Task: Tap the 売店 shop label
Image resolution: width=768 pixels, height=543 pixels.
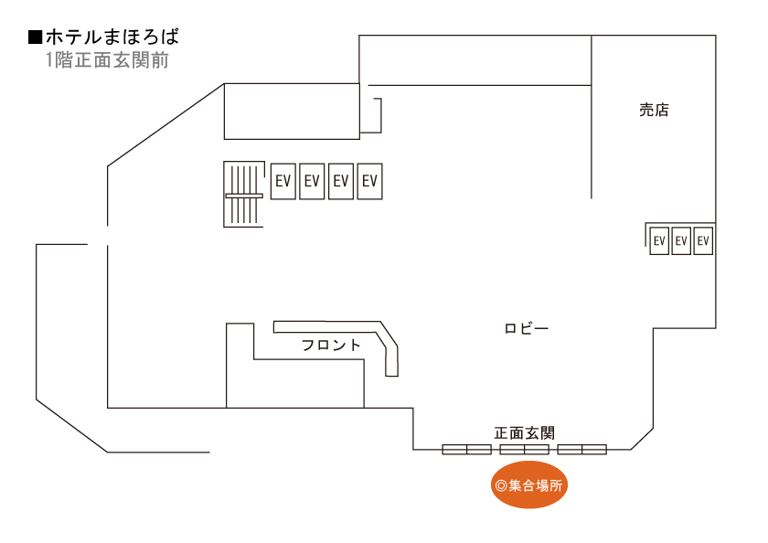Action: [x=654, y=111]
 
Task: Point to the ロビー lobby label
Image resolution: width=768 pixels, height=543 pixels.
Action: [x=527, y=328]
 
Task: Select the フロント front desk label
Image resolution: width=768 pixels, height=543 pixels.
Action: [x=331, y=346]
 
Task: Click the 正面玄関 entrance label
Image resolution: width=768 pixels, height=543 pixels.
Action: [x=525, y=432]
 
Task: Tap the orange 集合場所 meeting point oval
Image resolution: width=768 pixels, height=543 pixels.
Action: [x=529, y=486]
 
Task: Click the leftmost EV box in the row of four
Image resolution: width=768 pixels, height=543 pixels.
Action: [x=283, y=181]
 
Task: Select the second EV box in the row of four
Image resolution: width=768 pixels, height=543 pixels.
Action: [x=312, y=181]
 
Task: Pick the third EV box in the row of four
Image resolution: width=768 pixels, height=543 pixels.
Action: [x=341, y=181]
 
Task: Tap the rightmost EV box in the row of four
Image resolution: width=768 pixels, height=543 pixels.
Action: [x=369, y=181]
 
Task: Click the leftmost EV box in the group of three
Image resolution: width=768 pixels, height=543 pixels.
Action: [x=659, y=241]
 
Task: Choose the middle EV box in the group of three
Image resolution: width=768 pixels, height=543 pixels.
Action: [x=681, y=241]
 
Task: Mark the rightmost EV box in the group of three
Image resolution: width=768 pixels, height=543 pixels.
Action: [x=703, y=241]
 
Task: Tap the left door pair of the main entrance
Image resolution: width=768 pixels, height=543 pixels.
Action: [x=467, y=449]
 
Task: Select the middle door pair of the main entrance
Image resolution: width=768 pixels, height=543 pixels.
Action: [x=524, y=449]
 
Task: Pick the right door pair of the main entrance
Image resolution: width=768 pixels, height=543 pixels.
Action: [x=582, y=449]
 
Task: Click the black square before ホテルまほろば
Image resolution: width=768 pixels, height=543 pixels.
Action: [x=36, y=38]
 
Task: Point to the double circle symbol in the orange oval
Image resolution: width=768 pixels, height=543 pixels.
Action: [x=500, y=486]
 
